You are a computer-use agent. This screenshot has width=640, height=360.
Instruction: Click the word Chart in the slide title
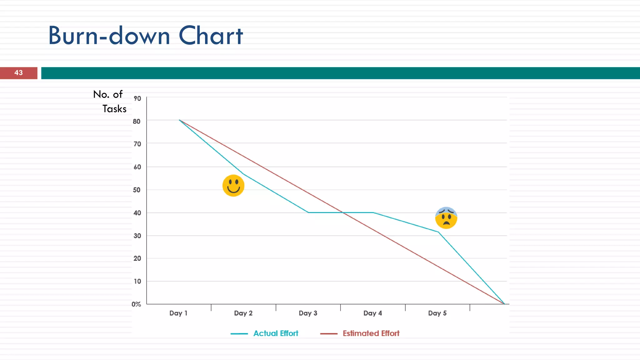click(211, 36)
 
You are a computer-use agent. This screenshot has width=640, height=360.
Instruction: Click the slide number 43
click(18, 73)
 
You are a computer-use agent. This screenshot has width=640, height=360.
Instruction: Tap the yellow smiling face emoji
click(233, 186)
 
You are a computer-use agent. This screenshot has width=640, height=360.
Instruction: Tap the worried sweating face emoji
click(446, 218)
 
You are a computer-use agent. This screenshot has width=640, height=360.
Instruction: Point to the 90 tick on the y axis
click(137, 98)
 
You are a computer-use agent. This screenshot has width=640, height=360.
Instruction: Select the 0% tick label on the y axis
click(136, 304)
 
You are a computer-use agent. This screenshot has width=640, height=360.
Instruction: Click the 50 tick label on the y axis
click(137, 190)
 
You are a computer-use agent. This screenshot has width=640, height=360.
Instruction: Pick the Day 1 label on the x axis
click(178, 313)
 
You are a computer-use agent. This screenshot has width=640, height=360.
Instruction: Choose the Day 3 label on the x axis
click(308, 313)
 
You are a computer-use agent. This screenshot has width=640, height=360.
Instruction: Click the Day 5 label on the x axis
click(437, 313)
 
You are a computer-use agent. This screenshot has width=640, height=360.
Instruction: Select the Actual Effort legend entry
click(276, 333)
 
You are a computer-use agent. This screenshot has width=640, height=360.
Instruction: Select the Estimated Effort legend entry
click(371, 333)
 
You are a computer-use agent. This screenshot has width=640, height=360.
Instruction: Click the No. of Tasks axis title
click(110, 101)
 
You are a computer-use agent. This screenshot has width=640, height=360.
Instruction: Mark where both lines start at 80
click(179, 120)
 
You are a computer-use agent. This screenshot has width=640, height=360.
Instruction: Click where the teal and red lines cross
click(343, 212)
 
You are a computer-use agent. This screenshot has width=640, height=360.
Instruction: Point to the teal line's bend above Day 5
click(438, 232)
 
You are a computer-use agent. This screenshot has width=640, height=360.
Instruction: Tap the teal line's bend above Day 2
click(243, 174)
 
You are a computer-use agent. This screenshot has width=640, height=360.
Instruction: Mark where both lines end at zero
click(504, 304)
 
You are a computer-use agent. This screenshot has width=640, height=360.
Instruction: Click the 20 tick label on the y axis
click(137, 258)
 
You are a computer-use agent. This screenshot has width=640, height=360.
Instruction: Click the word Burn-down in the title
click(109, 36)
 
